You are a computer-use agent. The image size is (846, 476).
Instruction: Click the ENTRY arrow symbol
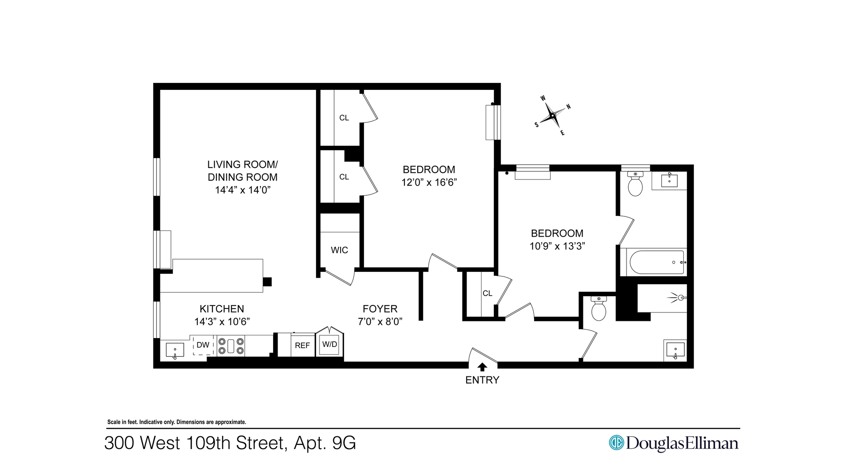pyautogui.click(x=482, y=367)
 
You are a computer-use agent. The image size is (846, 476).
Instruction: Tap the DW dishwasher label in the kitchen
pyautogui.click(x=203, y=345)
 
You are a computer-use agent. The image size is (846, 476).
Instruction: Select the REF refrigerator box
pyautogui.click(x=302, y=346)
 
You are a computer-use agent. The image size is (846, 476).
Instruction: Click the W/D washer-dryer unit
pyautogui.click(x=330, y=344)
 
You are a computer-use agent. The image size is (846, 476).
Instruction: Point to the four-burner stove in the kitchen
pyautogui.click(x=231, y=346)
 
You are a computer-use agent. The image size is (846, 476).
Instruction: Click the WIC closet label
pyautogui.click(x=339, y=250)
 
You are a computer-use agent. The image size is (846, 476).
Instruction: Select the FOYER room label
pyautogui.click(x=380, y=309)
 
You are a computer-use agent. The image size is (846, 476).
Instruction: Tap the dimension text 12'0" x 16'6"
pyautogui.click(x=429, y=182)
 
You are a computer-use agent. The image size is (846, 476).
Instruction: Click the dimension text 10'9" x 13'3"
pyautogui.click(x=557, y=246)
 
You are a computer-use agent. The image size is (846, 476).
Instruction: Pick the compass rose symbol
pyautogui.click(x=552, y=115)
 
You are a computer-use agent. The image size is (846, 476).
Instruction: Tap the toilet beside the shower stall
pyautogui.click(x=598, y=309)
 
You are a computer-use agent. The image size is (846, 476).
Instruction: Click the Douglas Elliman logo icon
pyautogui.click(x=616, y=443)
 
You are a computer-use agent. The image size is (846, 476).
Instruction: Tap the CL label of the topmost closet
pyautogui.click(x=344, y=118)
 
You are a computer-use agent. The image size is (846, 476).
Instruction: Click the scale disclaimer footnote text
pyautogui.click(x=177, y=422)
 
